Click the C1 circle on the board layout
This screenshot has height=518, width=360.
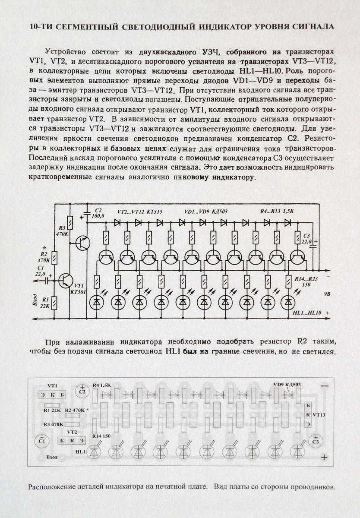42,442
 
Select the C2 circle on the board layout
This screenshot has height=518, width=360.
82,391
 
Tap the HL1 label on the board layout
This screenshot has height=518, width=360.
80,452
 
